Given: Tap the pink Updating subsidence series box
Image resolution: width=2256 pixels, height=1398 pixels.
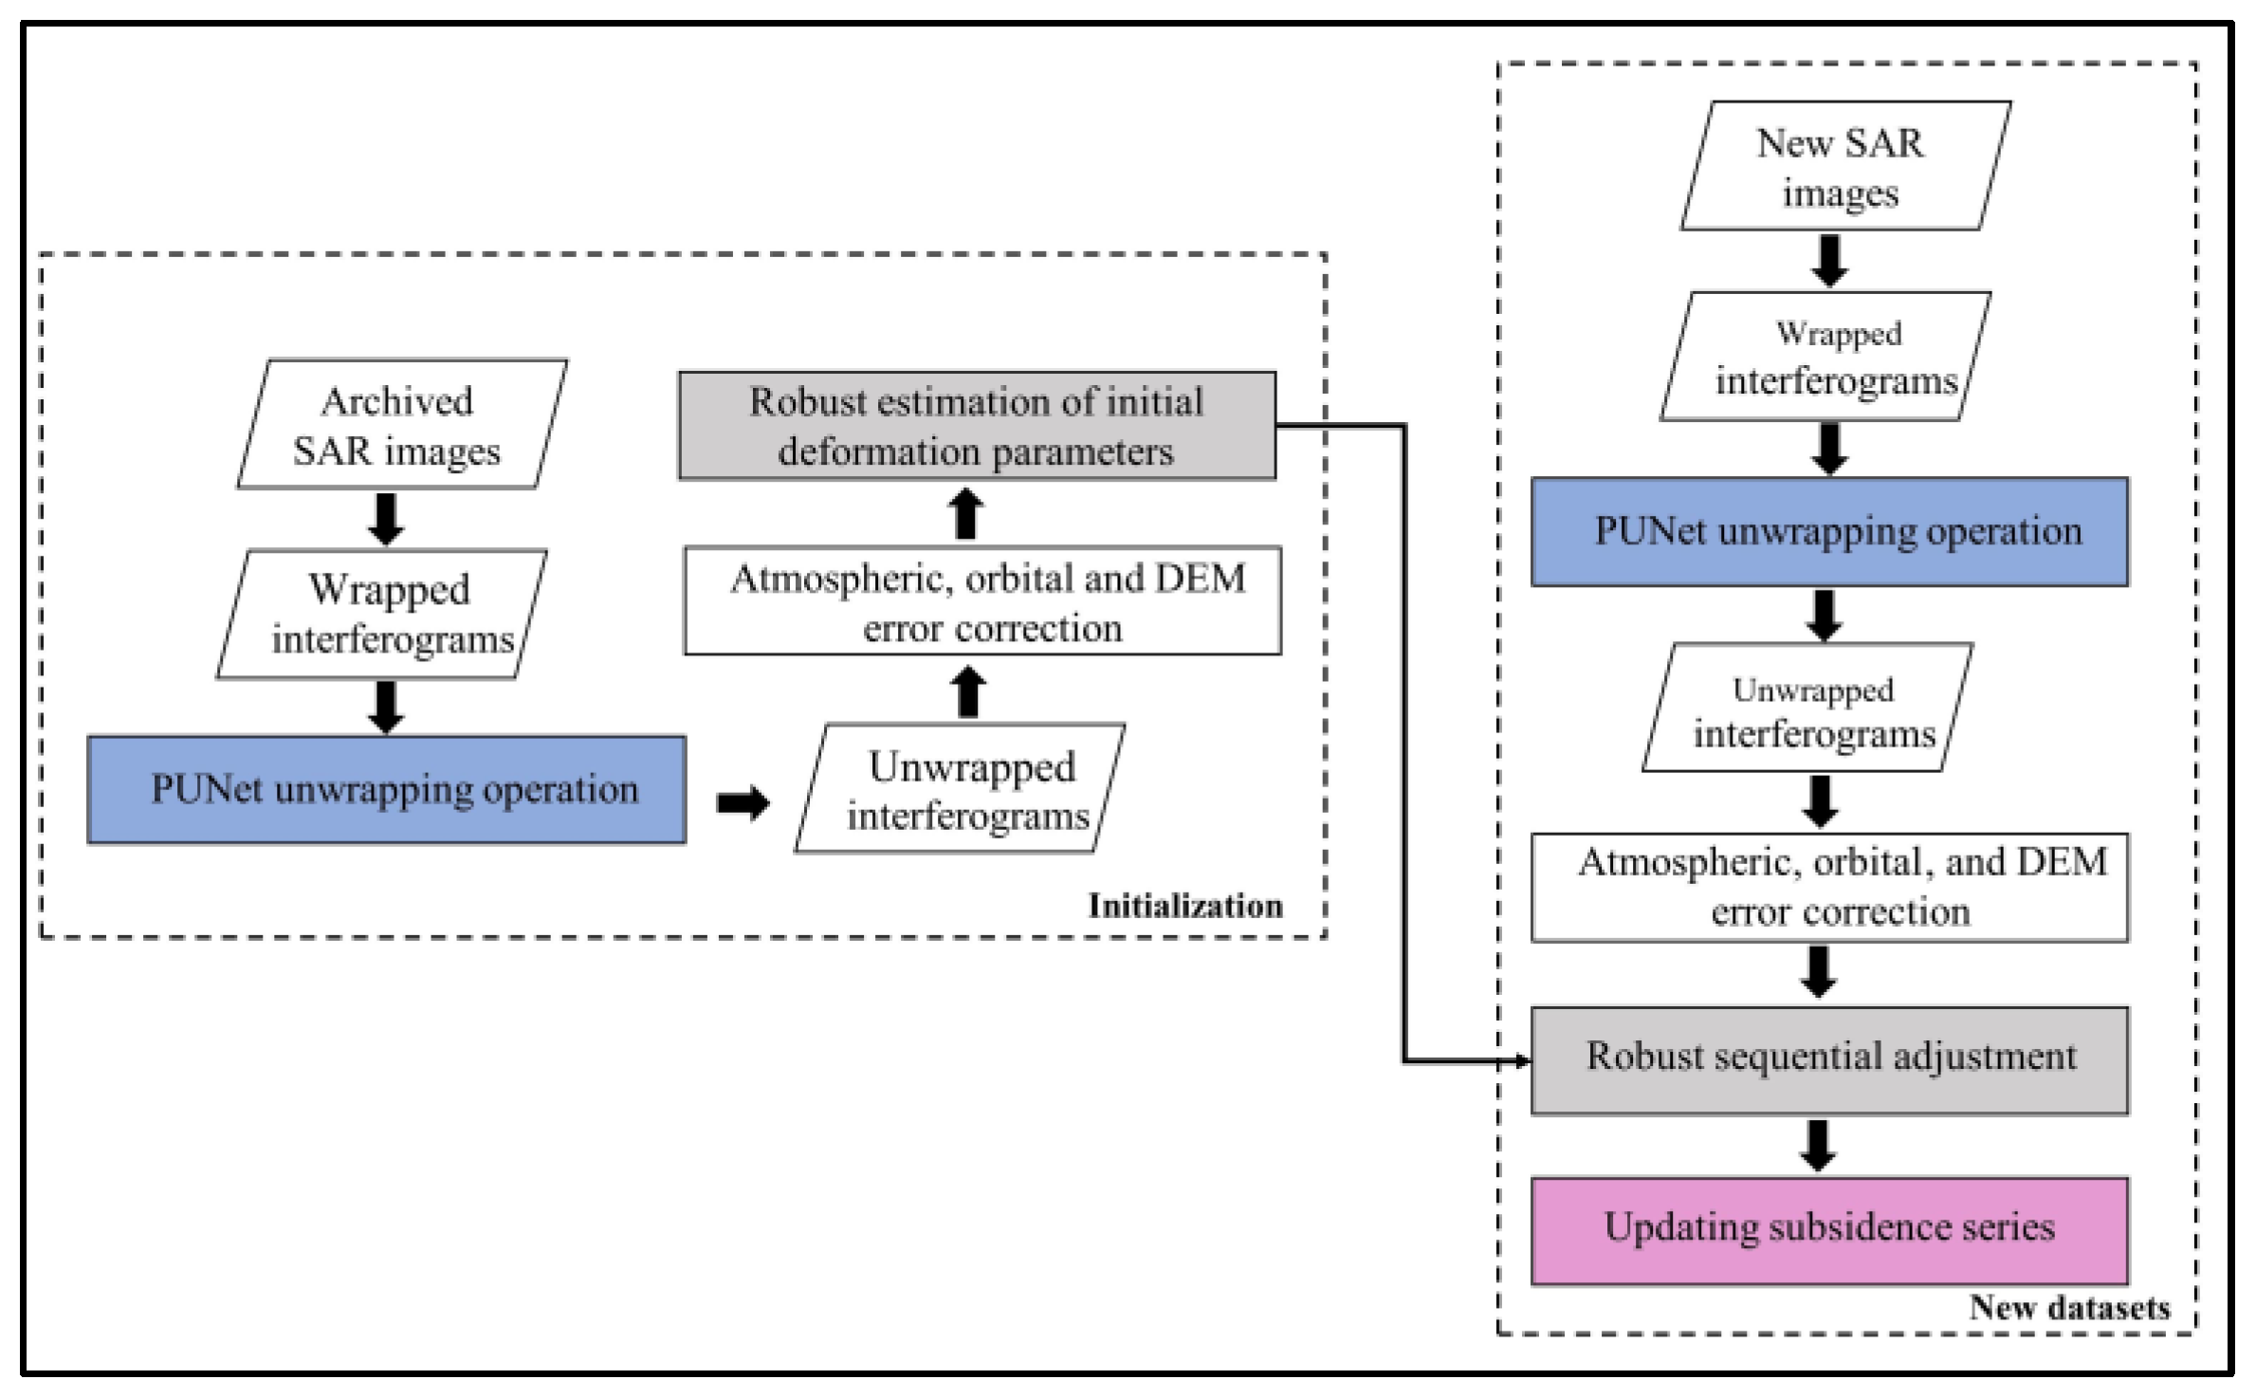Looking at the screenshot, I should click(1828, 1230).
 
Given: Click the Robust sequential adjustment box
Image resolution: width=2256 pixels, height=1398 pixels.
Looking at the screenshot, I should click(1828, 1059).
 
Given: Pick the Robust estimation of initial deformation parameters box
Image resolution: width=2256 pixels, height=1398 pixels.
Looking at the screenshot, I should click(977, 425).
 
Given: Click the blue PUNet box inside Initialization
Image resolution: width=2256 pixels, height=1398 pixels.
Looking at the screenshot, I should click(387, 789).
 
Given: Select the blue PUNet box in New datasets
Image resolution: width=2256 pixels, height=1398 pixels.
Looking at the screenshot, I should click(1828, 531).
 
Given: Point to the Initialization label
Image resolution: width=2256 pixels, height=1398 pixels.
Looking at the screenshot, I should click(1184, 906).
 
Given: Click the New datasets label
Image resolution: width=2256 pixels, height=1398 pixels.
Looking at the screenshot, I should click(2069, 1308).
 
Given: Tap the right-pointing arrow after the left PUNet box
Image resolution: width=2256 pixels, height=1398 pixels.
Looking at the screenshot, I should click(743, 803).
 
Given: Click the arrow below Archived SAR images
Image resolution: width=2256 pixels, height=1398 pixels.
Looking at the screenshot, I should click(385, 519).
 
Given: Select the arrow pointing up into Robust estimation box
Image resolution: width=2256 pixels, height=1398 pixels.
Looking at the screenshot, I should click(966, 514).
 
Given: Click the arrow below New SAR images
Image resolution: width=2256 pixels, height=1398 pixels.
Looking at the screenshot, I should click(1829, 260).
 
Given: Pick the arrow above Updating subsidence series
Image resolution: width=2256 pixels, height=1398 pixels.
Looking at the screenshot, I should click(1817, 1146).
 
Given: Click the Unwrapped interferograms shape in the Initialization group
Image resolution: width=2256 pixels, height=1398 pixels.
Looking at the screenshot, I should click(960, 789).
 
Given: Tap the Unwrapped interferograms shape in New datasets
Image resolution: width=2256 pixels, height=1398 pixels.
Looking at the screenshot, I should click(1807, 708).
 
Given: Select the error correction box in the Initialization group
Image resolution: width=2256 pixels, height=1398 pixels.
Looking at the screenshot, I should click(982, 600).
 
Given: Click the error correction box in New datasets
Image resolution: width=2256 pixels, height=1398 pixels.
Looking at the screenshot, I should click(1828, 888).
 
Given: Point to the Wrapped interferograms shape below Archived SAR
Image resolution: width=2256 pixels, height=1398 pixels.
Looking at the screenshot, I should click(382, 614).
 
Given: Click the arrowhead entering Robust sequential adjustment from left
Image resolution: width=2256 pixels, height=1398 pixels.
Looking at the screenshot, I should click(1523, 1060).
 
